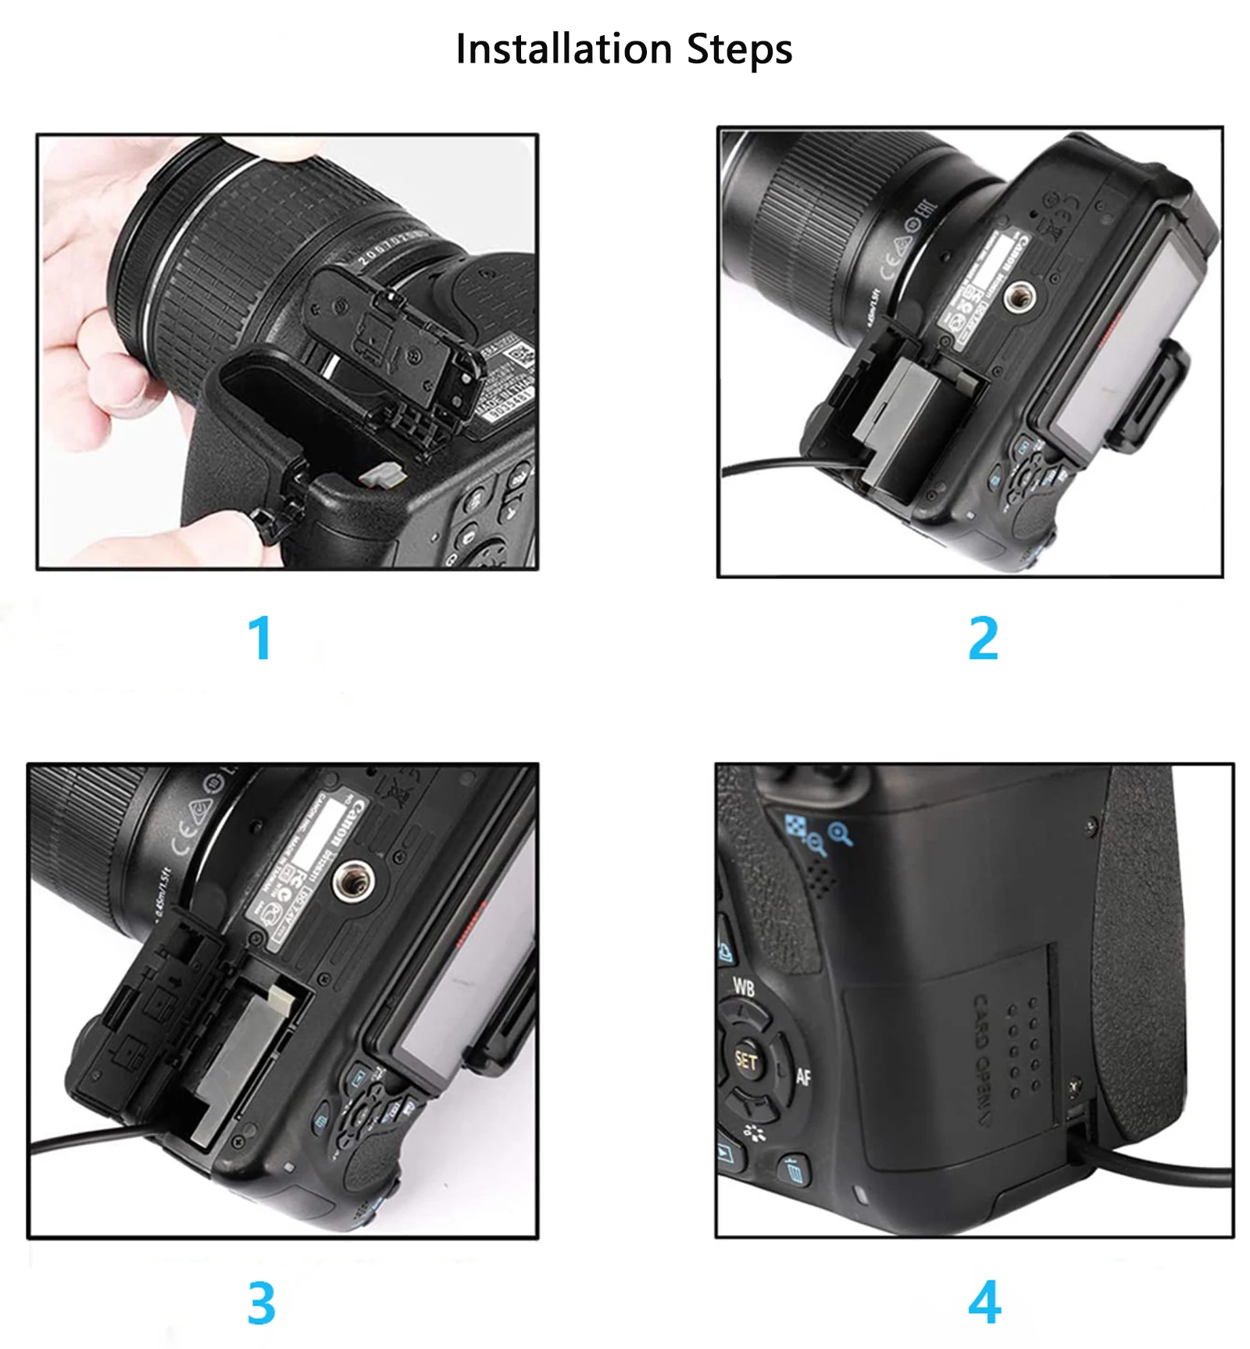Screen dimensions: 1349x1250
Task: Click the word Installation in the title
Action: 562,48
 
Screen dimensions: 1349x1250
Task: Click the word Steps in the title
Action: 739,50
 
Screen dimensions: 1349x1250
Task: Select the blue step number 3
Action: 261,1303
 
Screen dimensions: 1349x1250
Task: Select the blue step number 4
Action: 984,1302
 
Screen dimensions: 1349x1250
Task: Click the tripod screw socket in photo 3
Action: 352,882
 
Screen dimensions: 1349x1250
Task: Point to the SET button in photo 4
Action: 746,1061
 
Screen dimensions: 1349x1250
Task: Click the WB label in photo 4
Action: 743,987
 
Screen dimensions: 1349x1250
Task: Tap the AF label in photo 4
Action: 803,1077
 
